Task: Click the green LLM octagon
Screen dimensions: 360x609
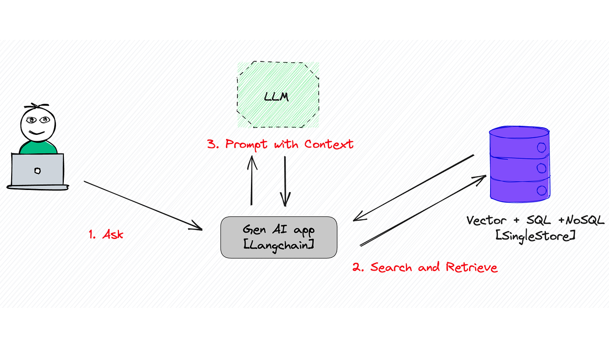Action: [x=278, y=95]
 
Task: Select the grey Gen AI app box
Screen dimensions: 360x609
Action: [x=279, y=237]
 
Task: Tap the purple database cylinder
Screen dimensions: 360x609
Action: [x=519, y=164]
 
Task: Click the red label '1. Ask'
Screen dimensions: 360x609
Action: [x=106, y=234]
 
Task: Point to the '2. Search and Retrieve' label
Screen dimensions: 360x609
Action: [x=425, y=267]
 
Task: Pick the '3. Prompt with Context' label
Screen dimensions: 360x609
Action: [x=280, y=144]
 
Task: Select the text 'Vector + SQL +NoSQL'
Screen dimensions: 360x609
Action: [x=535, y=220]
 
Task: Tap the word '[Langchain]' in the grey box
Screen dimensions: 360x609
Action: [x=278, y=245]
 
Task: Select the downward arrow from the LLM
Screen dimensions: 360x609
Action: [x=285, y=180]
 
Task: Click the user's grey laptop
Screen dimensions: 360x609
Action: [x=38, y=170]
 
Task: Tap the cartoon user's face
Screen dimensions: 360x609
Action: [x=38, y=122]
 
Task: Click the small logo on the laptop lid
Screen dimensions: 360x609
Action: [x=38, y=171]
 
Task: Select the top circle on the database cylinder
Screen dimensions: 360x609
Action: [x=540, y=147]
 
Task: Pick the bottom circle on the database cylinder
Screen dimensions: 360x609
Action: [x=540, y=189]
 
